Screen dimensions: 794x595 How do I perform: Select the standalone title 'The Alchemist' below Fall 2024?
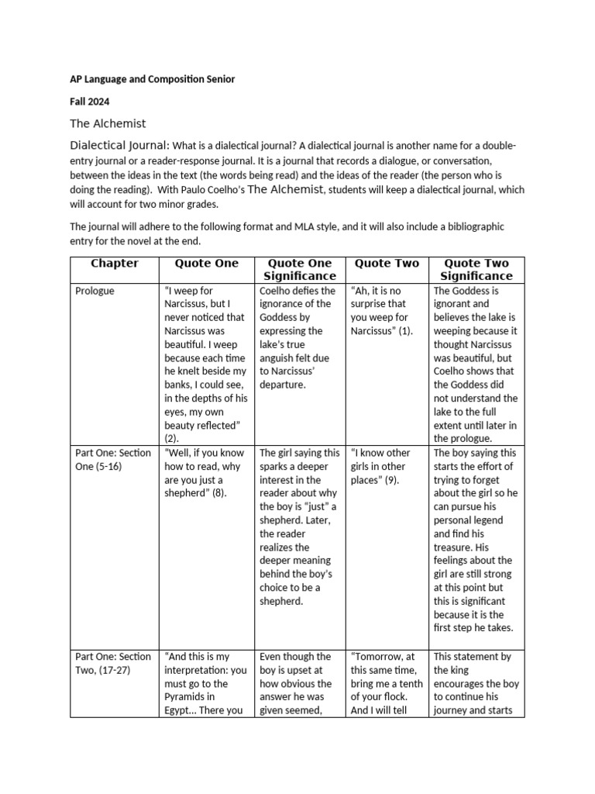108,123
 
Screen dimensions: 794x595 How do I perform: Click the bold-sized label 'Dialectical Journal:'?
119,146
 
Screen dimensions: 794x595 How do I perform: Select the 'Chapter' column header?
115,264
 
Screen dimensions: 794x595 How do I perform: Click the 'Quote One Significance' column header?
299,269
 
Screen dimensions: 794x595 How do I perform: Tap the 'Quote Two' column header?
387,264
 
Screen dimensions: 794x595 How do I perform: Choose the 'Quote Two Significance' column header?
476,269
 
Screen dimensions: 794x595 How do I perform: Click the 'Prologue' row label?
95,291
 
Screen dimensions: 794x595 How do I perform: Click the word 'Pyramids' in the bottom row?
186,697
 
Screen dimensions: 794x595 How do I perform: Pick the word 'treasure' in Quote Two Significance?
455,547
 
